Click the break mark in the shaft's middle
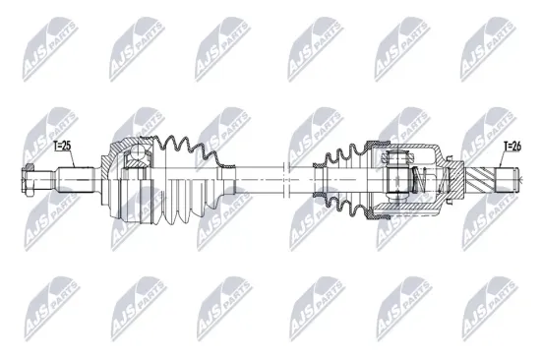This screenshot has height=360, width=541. tap(282, 179)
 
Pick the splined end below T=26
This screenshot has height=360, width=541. tap(506, 179)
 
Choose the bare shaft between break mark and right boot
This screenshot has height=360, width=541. tap(300, 179)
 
